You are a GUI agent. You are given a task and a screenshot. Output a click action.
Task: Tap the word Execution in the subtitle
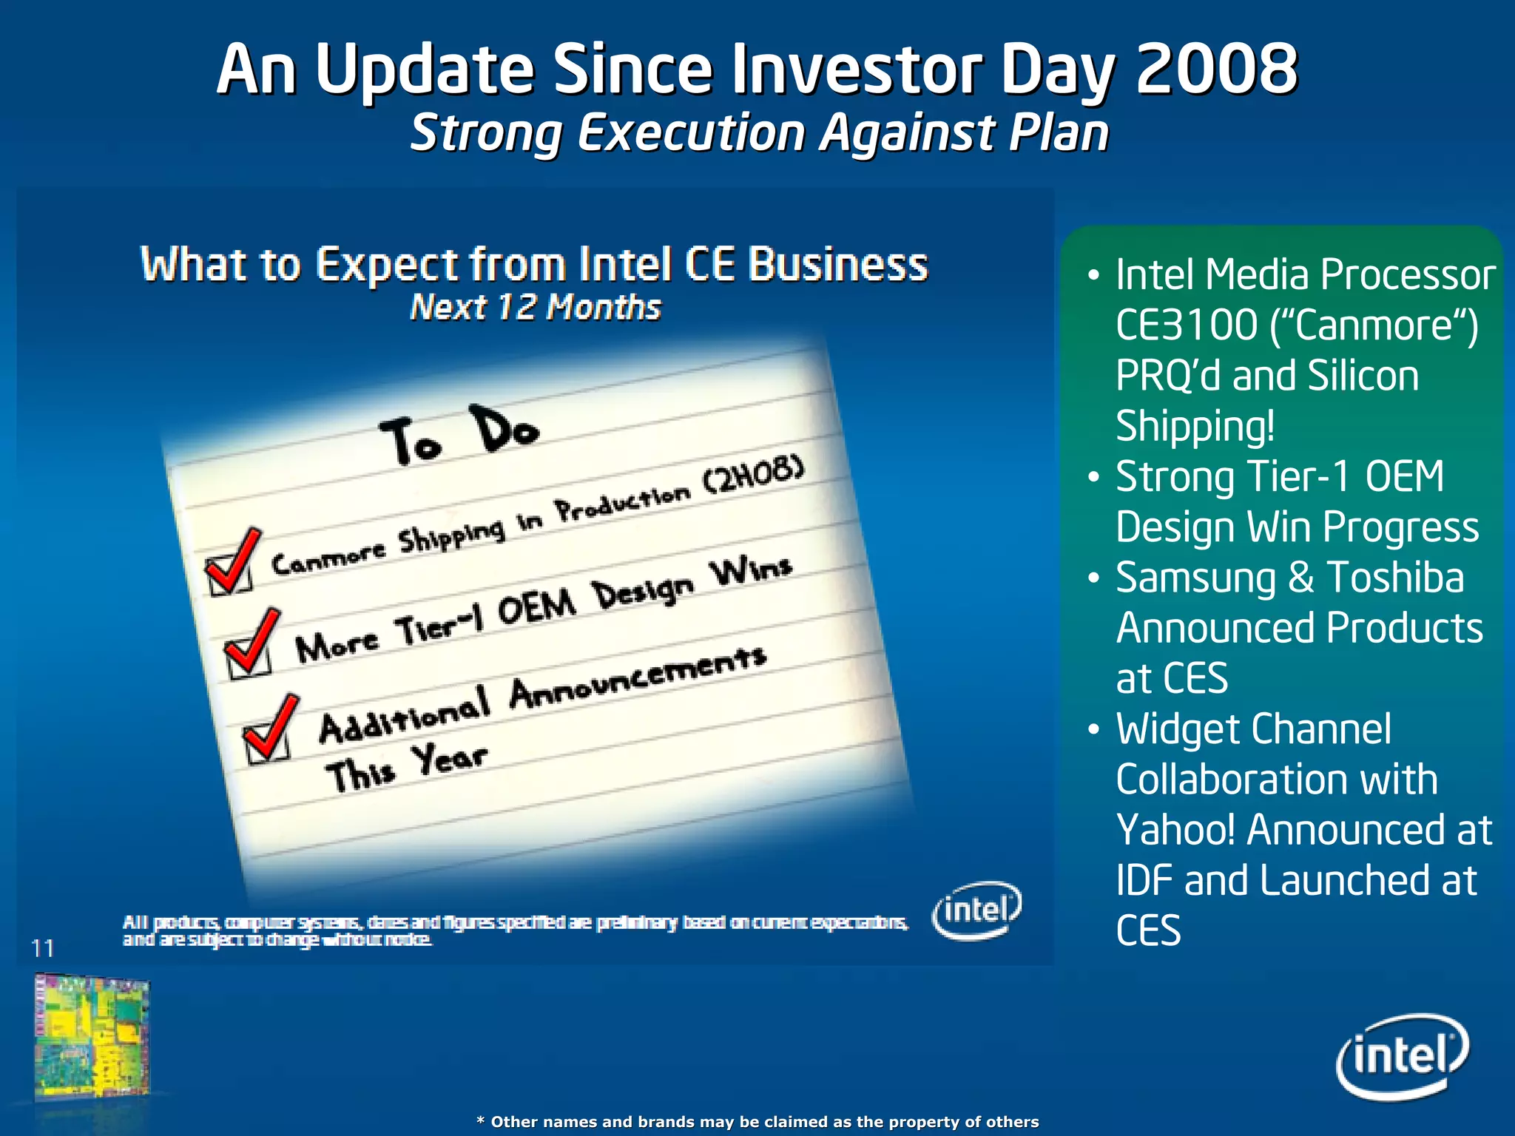[690, 134]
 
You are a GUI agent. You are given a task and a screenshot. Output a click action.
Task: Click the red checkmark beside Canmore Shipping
[232, 562]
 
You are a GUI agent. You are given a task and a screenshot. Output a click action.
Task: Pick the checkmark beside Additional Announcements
[270, 728]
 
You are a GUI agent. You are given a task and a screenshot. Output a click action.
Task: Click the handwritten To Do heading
[459, 436]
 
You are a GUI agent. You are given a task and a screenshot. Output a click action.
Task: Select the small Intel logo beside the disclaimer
[976, 910]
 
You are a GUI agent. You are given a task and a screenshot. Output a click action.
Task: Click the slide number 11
[43, 948]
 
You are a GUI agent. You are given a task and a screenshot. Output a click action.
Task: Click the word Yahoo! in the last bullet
[1175, 830]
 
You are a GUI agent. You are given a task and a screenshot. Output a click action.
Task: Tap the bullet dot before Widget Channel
[1094, 729]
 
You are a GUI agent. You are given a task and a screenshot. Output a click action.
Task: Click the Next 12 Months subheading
[535, 307]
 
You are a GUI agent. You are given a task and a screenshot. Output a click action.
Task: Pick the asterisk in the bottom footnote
[481, 1120]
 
